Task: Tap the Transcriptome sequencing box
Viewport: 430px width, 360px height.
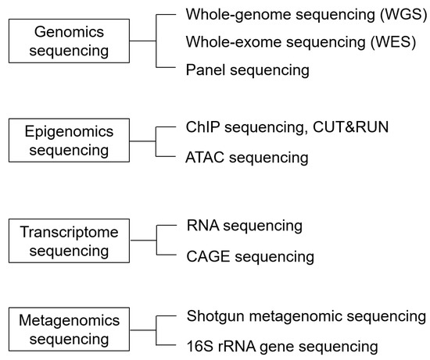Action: coord(69,241)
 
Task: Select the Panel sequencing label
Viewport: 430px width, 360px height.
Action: coord(248,70)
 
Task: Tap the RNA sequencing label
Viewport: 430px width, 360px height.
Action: coord(245,226)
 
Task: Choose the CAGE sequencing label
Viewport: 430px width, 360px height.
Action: coord(250,256)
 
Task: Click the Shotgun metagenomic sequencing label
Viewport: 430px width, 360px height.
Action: coord(306,315)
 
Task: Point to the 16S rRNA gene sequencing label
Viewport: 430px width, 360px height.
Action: coord(283,345)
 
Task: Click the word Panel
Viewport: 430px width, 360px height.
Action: coord(205,70)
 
